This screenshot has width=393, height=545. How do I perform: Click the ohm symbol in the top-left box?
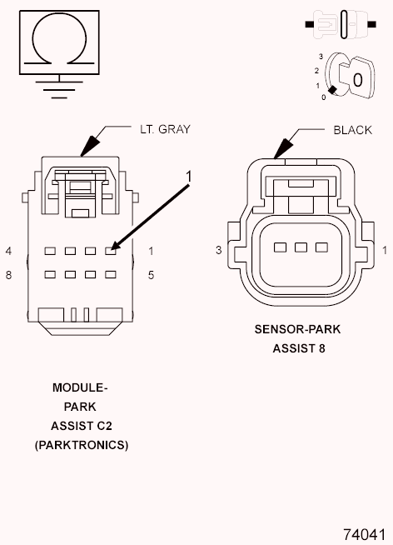click(x=57, y=40)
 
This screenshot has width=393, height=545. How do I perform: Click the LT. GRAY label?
click(x=165, y=129)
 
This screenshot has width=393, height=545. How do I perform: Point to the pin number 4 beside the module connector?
click(x=8, y=251)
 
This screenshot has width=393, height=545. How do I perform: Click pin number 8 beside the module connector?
click(x=8, y=274)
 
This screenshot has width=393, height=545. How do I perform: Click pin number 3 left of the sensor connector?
click(x=217, y=249)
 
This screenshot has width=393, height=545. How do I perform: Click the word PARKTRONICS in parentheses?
click(x=82, y=445)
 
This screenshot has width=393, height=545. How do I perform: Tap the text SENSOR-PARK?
click(x=297, y=329)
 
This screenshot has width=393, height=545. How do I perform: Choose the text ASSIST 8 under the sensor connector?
click(x=298, y=347)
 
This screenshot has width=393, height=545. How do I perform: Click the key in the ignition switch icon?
click(x=356, y=80)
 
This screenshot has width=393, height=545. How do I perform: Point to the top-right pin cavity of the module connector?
click(x=110, y=250)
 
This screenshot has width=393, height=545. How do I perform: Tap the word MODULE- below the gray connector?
click(x=80, y=388)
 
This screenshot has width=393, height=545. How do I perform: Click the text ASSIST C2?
click(x=81, y=426)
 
